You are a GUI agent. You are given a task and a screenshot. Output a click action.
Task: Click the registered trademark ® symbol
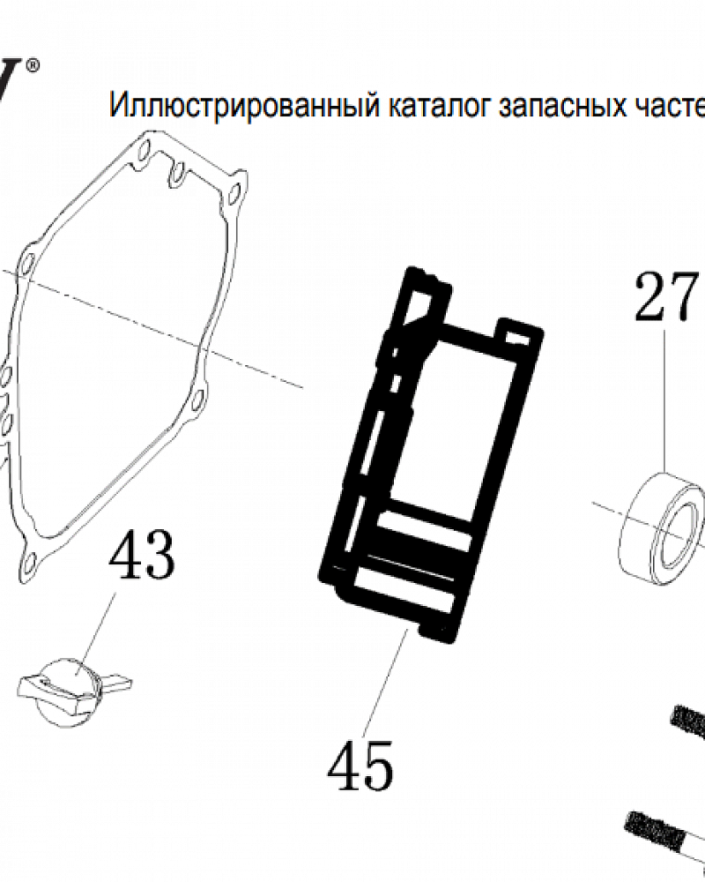[33, 65]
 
